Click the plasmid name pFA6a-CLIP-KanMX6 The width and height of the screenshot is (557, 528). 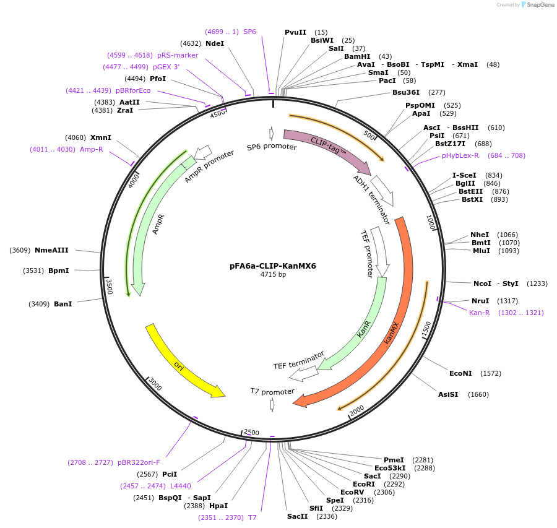click(x=272, y=266)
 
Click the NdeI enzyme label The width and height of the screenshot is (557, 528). click(x=215, y=43)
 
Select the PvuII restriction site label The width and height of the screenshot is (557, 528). click(x=295, y=32)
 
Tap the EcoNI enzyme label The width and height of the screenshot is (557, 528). click(x=460, y=373)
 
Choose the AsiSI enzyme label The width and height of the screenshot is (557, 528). click(x=448, y=394)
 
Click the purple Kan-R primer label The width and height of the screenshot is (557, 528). click(x=480, y=313)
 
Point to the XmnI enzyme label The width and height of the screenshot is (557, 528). click(x=101, y=137)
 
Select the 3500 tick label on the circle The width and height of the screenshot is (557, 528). click(x=109, y=286)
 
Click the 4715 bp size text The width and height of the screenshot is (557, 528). click(x=273, y=274)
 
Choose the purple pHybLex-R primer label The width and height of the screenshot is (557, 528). click(x=460, y=155)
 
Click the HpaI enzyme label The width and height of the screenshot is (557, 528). click(x=218, y=506)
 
